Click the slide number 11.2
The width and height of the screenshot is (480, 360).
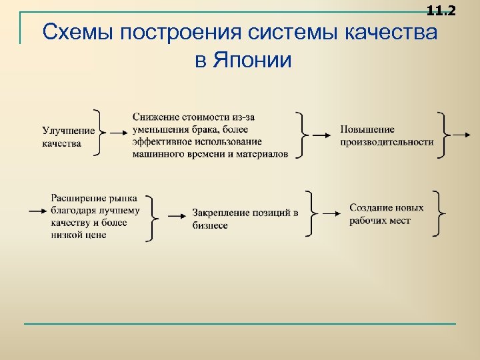tap(441, 10)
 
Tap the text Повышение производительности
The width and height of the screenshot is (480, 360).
tap(387, 135)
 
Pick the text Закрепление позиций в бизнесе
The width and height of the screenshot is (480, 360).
tap(245, 219)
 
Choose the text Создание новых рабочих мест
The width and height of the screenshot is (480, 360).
tap(386, 214)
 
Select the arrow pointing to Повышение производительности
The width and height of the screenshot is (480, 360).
tap(322, 135)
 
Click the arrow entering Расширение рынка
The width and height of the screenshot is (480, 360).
tap(37, 210)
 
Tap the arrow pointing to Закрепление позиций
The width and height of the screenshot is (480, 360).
tap(175, 215)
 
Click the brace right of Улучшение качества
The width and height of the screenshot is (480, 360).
tap(100, 132)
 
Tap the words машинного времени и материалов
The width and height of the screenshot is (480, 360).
tap(210, 154)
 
